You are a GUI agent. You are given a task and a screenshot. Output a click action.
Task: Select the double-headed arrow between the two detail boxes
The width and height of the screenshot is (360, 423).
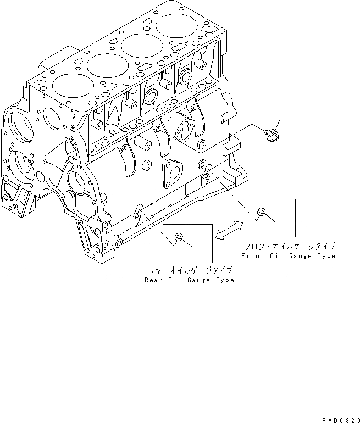(x=230, y=230)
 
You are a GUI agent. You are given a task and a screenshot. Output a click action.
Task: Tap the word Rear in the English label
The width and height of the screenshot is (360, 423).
(x=153, y=280)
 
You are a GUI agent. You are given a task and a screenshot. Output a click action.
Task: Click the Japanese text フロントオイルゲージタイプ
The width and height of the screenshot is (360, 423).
(x=289, y=247)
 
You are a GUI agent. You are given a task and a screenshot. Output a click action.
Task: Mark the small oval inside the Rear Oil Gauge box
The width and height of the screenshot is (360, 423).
(x=178, y=236)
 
